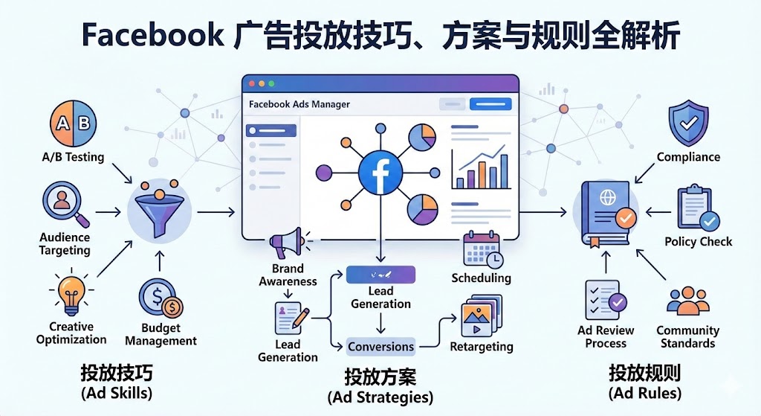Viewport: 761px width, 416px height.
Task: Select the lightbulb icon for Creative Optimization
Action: (71, 293)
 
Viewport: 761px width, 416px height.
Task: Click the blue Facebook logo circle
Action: (380, 174)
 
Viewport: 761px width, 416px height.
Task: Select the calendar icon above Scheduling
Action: (482, 250)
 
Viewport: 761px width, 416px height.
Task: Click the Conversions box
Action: (380, 346)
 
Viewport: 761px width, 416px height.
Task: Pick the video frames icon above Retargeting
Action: (482, 318)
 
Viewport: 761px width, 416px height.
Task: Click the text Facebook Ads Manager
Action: (299, 105)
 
